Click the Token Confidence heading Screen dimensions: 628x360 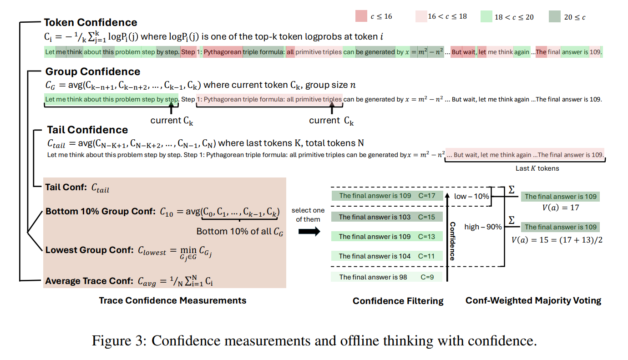(90, 22)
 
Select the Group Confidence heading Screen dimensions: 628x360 (93, 71)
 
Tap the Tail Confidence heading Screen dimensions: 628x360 (87, 130)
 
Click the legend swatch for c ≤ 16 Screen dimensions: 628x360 (361, 17)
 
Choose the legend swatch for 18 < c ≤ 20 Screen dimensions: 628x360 (486, 17)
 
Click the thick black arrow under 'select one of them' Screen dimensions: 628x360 (308, 231)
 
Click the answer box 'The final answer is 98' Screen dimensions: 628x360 (386, 277)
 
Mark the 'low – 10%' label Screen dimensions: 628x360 (472, 196)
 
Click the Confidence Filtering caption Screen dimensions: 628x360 (398, 300)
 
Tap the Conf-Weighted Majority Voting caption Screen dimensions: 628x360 (533, 300)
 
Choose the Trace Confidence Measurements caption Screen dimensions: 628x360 (172, 300)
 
